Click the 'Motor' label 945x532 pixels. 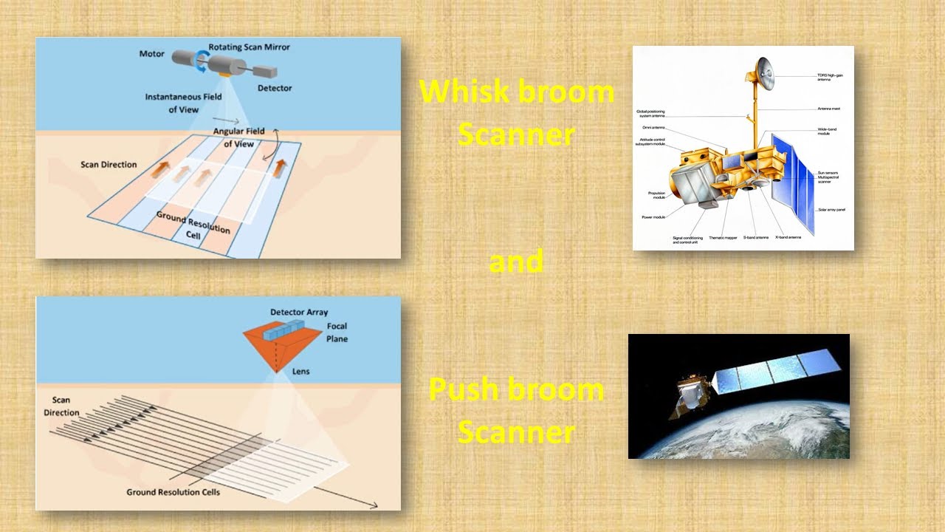(x=152, y=54)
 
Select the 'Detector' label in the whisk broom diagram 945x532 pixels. (x=274, y=88)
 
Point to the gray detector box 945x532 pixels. (x=267, y=72)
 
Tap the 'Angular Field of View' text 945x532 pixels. (x=238, y=137)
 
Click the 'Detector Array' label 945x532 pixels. (x=299, y=313)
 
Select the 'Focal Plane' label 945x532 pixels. (x=337, y=332)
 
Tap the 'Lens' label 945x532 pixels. (x=300, y=371)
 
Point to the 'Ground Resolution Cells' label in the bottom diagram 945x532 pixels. (x=173, y=492)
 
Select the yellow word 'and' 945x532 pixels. (x=516, y=262)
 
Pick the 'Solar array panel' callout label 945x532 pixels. (x=831, y=210)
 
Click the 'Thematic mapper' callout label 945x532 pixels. (x=724, y=238)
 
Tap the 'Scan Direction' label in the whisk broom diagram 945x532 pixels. (x=109, y=164)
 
